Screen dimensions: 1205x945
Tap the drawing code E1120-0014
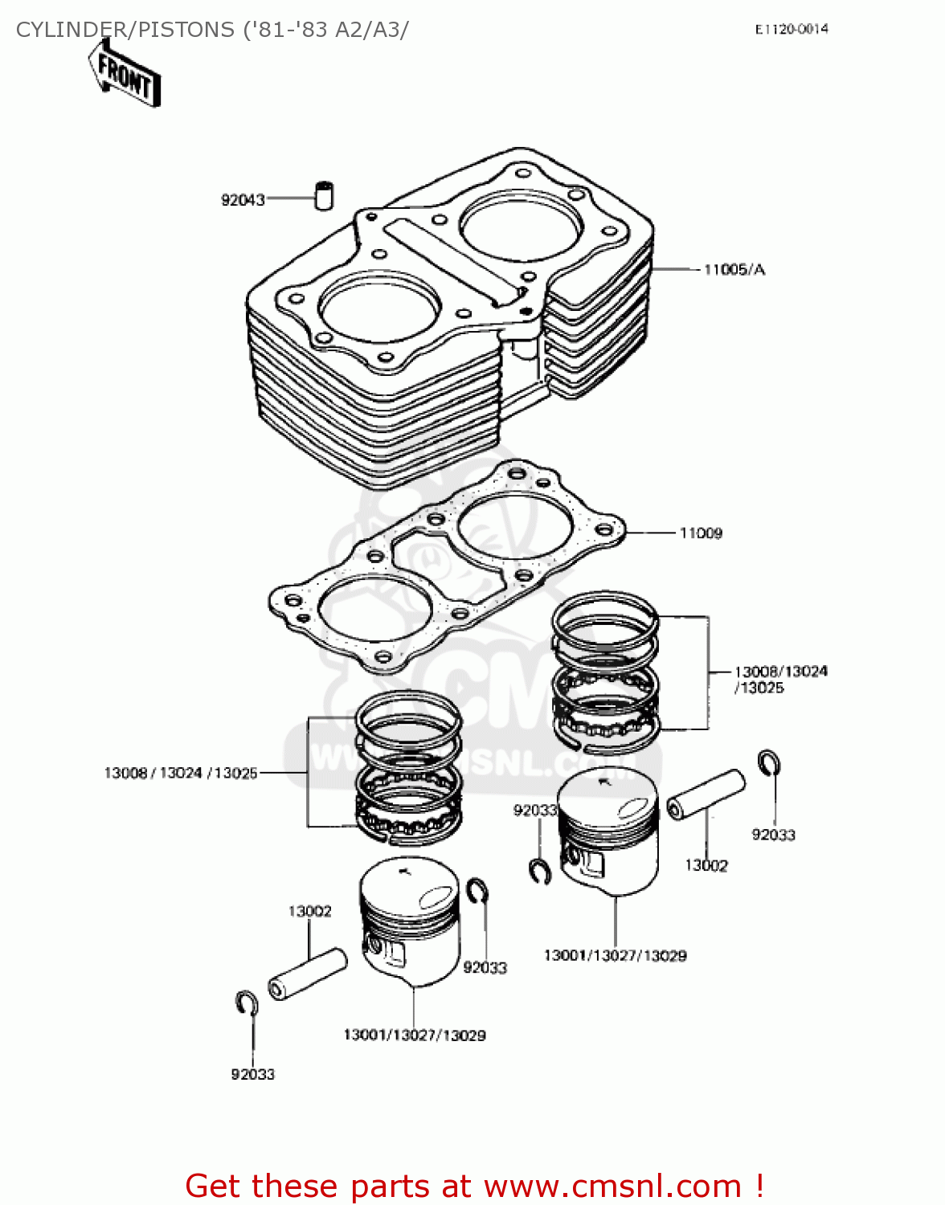(791, 29)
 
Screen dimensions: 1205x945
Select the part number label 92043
(243, 200)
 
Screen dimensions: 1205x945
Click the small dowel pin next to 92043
(323, 195)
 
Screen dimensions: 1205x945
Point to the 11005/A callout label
(734, 270)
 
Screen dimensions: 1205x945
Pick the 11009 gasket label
(701, 533)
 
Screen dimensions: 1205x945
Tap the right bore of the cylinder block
(520, 224)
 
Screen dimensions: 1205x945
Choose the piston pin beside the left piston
(307, 974)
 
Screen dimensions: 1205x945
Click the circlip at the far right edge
(769, 762)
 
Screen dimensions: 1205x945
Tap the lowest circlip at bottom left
(246, 1003)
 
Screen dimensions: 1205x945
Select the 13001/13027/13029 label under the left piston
(414, 1035)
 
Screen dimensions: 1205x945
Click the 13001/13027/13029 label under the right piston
(615, 956)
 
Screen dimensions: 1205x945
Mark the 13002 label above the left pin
(309, 912)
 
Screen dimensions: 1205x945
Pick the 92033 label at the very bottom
(252, 1075)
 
